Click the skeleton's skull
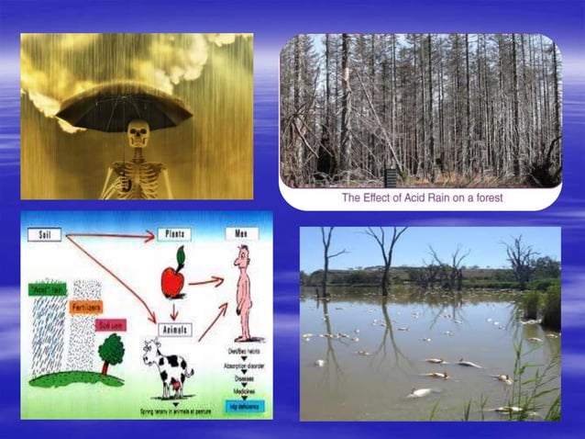click(138, 134)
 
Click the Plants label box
click(174, 234)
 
